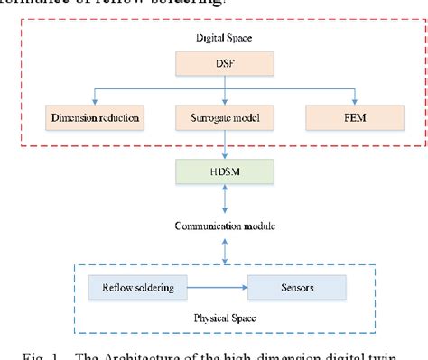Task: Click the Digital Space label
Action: click(x=214, y=38)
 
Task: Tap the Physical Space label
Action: click(x=214, y=318)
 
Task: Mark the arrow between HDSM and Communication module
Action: click(x=214, y=197)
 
